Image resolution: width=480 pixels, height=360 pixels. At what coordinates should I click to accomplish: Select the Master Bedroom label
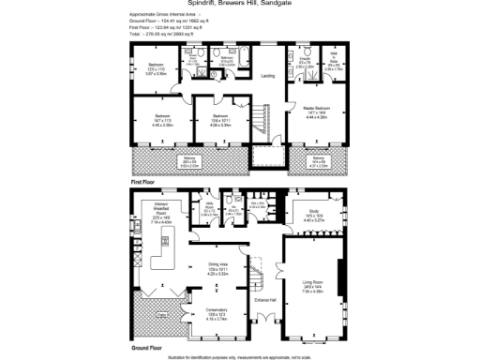[x=316, y=112]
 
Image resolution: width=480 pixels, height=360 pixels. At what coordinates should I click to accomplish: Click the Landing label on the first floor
[x=267, y=77]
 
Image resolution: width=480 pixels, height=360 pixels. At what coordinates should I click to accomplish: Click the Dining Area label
[x=219, y=271]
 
